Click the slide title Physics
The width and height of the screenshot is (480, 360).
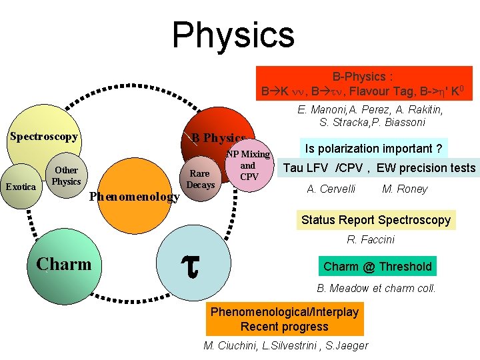coord(233,35)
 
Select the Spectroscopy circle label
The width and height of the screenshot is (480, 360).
coord(43,137)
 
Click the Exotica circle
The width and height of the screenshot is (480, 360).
coord(20,187)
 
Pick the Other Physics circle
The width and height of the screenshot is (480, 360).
coord(67,175)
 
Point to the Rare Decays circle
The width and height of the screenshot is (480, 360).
coord(201,178)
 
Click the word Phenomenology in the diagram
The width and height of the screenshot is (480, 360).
coord(134,197)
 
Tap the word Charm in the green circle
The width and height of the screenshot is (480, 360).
coord(64,265)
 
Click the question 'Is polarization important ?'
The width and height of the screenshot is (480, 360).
coord(373,148)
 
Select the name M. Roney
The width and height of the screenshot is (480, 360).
coord(405,189)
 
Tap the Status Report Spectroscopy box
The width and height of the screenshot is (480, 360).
coord(376,219)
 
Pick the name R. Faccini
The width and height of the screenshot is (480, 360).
coord(371,239)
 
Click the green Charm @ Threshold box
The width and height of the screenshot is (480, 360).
coord(377,267)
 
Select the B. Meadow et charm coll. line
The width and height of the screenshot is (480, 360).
coord(376,289)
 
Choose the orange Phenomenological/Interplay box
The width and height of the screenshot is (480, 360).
coord(285,319)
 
